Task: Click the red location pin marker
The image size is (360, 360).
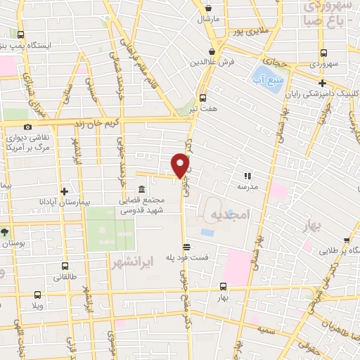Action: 181,164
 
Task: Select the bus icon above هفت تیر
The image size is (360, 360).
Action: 203,98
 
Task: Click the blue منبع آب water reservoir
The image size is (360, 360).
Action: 267,79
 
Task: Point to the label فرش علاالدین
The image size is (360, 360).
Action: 212,61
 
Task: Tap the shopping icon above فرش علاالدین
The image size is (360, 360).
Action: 212,51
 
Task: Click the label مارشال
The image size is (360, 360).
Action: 209,18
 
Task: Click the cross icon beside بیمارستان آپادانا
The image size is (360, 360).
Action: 64,191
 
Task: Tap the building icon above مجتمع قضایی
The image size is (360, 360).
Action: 142,190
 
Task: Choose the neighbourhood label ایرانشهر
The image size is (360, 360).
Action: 132,264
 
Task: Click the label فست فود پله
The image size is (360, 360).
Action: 187,257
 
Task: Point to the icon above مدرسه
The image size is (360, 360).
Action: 247,176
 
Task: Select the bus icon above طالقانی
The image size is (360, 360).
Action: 65,266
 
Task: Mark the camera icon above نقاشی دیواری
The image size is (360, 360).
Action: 27,127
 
